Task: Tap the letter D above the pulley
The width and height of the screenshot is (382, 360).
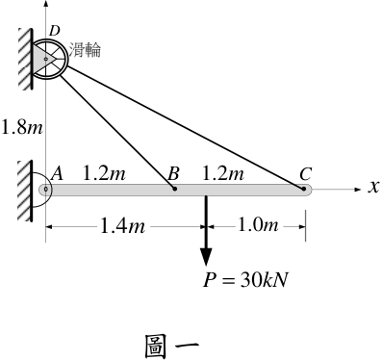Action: [55, 31]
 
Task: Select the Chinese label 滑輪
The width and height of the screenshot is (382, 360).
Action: [85, 50]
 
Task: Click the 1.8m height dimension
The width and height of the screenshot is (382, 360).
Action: [22, 127]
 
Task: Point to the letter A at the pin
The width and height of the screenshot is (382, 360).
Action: [57, 174]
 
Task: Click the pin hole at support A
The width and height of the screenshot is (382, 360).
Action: [46, 190]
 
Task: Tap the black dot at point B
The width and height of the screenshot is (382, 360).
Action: [174, 189]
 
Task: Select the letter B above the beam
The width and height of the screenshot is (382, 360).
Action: [173, 174]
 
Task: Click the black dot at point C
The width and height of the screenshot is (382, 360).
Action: [303, 189]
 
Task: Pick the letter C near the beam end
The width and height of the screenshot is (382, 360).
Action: [306, 174]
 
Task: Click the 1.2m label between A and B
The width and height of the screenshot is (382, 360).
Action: [104, 173]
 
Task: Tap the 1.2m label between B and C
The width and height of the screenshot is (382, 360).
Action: [223, 173]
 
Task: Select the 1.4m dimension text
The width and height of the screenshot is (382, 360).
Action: [122, 225]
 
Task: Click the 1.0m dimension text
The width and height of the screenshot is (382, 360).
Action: [258, 225]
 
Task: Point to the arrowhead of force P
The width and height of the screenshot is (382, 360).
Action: [206, 257]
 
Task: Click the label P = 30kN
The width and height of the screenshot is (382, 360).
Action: [245, 280]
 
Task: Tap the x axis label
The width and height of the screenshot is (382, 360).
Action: [373, 187]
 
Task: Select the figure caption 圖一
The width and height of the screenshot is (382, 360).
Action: [172, 347]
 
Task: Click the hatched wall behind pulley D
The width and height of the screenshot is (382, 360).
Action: [25, 59]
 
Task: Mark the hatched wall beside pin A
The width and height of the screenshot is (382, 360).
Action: [25, 191]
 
